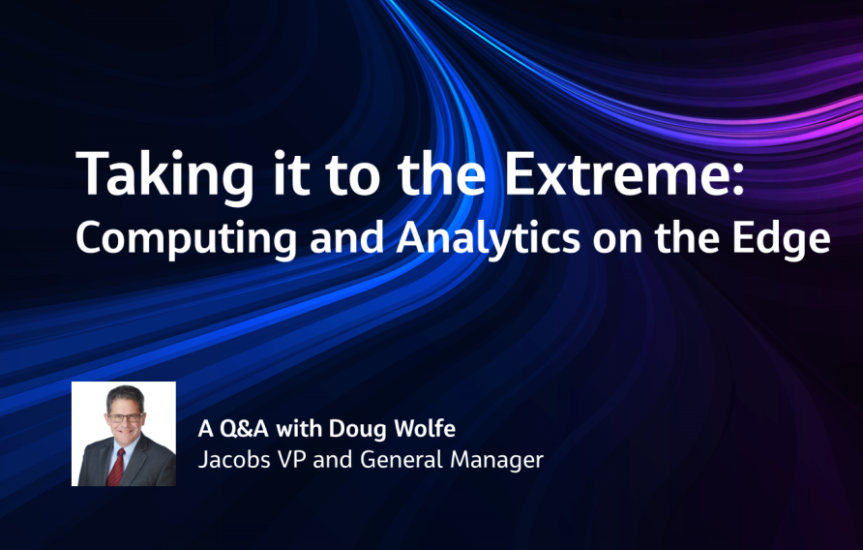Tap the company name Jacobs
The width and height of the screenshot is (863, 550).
coord(232,459)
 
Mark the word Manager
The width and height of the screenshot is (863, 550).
coord(496,459)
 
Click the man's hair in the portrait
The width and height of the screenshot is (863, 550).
coord(125,397)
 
